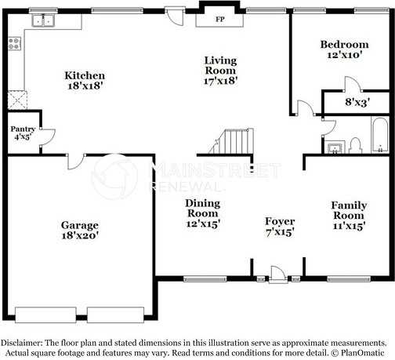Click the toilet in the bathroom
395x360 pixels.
pyautogui.click(x=354, y=144)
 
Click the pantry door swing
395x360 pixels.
pyautogui.click(x=47, y=138)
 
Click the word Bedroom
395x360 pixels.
pyautogui.click(x=344, y=45)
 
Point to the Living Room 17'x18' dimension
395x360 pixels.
pyautogui.click(x=220, y=79)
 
